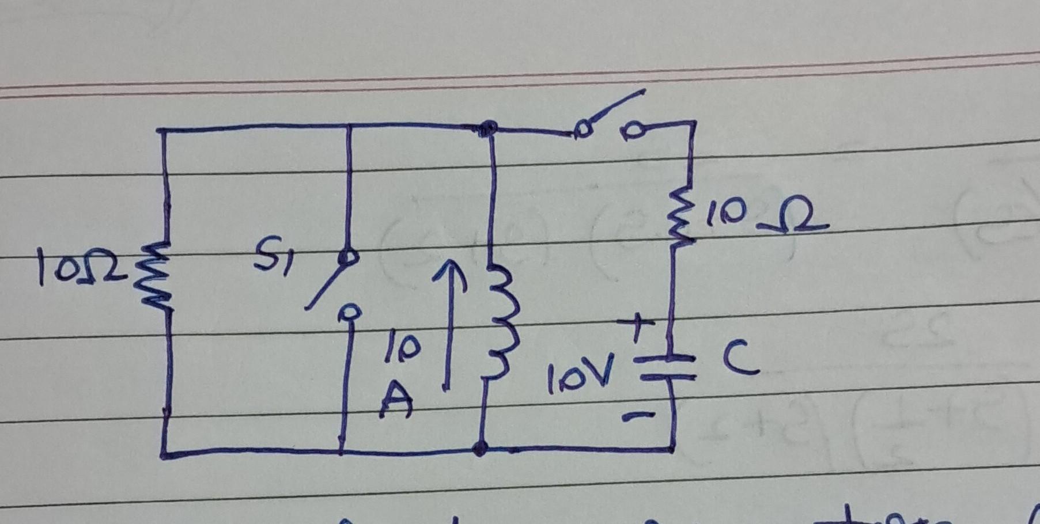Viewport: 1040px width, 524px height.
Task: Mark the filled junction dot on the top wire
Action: [x=489, y=127]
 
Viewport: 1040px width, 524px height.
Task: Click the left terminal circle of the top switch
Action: [x=583, y=131]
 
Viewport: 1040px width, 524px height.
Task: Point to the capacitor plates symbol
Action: [x=669, y=369]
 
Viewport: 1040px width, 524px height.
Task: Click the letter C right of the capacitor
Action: [x=740, y=360]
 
